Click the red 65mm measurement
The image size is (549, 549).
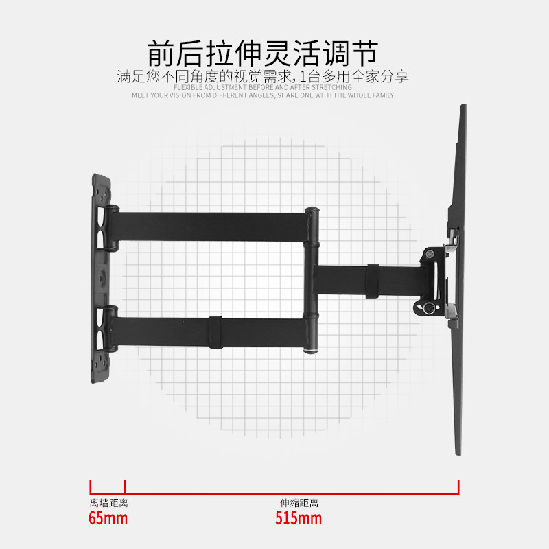pyautogui.click(x=108, y=518)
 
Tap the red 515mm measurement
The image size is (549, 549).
pyautogui.click(x=299, y=518)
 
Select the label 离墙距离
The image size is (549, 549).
pyautogui.click(x=108, y=503)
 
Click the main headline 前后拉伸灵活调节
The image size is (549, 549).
pyautogui.click(x=264, y=53)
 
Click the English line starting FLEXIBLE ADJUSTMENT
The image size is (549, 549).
pyautogui.click(x=263, y=87)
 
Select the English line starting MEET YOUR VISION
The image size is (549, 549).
pyautogui.click(x=263, y=95)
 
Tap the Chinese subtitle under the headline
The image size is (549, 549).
pyautogui.click(x=263, y=76)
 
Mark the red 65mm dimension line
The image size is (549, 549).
pyautogui.click(x=108, y=490)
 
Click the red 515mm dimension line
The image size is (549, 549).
pyautogui.click(x=292, y=490)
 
